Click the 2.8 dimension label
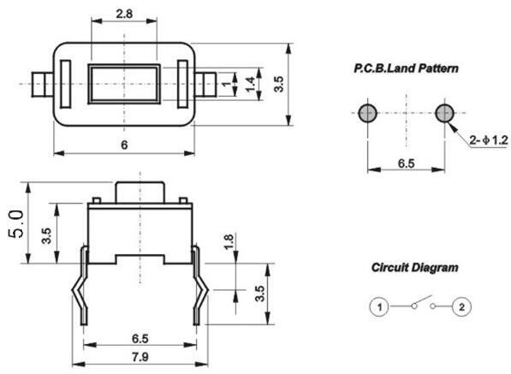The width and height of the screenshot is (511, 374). click(124, 14)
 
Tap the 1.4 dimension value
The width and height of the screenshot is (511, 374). click(250, 85)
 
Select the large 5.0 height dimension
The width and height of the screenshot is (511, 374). click(16, 224)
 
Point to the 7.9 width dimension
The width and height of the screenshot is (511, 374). click(140, 357)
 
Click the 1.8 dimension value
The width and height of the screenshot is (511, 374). click(229, 241)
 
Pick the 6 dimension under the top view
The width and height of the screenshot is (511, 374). click(124, 145)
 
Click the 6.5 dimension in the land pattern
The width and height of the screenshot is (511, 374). click(406, 163)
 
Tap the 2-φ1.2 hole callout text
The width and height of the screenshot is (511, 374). click(489, 140)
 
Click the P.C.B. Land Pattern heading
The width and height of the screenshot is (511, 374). click(406, 68)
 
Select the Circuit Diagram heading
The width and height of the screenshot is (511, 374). click(415, 268)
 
